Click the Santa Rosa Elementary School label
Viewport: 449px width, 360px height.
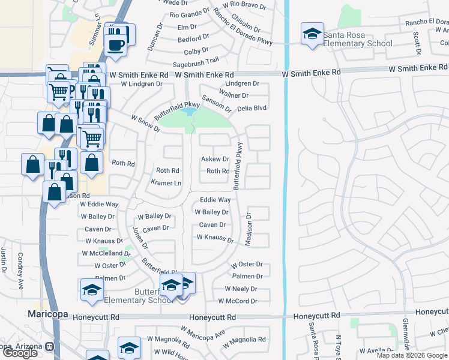coord(358,39)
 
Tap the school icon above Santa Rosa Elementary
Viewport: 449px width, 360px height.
coord(312,34)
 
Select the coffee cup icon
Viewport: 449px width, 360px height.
coord(115,44)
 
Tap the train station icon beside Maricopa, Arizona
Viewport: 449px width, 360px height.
coord(49,346)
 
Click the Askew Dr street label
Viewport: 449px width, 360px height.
coord(215,159)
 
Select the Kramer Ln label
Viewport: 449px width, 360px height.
coord(166,182)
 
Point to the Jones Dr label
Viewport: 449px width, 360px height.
coord(140,238)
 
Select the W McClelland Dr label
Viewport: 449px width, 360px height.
coord(104,254)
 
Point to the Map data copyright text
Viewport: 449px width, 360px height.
coord(412,355)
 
